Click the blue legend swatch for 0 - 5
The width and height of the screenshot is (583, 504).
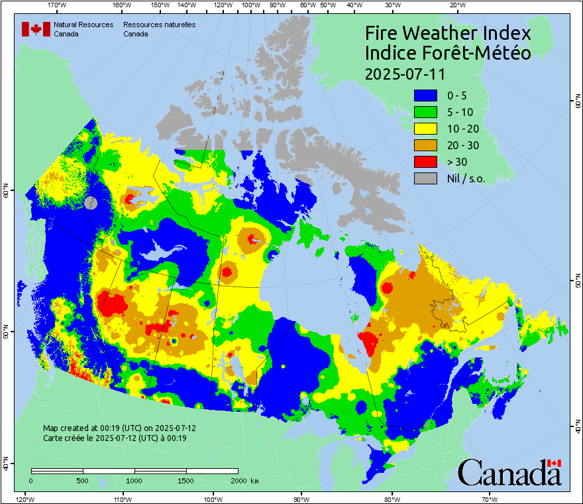[x=426, y=95]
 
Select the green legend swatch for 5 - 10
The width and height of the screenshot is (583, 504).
[x=426, y=112]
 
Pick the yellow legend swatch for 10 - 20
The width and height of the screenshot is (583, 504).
[x=426, y=129]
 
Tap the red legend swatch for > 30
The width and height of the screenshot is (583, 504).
[x=426, y=162]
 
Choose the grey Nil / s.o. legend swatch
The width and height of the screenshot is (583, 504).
[x=426, y=178]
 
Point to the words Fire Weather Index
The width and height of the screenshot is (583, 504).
[x=448, y=33]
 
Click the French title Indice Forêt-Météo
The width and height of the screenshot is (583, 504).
[x=448, y=53]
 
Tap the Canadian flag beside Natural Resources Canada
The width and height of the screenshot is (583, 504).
[x=36, y=29]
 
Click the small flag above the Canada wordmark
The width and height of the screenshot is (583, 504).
[x=555, y=463]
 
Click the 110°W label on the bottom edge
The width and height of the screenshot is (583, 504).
[x=121, y=499]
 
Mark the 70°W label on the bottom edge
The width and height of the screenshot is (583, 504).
[x=489, y=499]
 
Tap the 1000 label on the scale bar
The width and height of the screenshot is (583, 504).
[x=134, y=481]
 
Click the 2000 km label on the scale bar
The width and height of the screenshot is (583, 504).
[x=244, y=481]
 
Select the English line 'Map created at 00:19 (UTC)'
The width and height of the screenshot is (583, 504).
[x=119, y=428]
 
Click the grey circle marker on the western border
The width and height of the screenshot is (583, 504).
[x=91, y=204]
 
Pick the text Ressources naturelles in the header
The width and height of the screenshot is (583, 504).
[x=159, y=25]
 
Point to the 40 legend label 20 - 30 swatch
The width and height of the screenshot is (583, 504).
[x=426, y=145]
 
